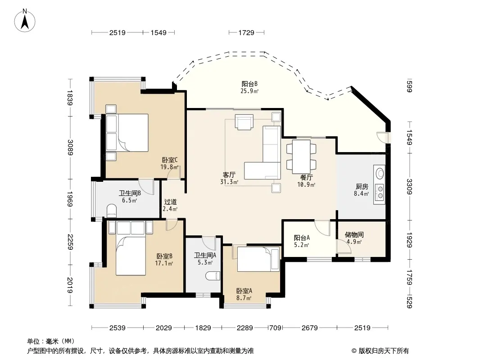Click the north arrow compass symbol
coord(25,21)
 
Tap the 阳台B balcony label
coord(249,84)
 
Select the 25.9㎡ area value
coord(249,91)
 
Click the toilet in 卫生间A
coord(213,276)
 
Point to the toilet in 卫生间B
coord(112,211)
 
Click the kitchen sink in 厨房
coord(380,173)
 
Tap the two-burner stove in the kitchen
coord(380,192)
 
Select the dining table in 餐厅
coord(301,157)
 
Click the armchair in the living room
coord(244,122)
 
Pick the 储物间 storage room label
coord(354,234)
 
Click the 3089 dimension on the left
coord(70,148)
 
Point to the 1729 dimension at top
coord(246,32)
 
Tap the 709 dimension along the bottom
coord(275,328)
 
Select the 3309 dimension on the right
coord(409,186)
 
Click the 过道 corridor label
coord(170,202)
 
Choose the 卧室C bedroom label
coord(170,160)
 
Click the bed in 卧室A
coord(258,259)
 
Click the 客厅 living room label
coord(229,175)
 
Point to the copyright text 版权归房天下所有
coord(384,351)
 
